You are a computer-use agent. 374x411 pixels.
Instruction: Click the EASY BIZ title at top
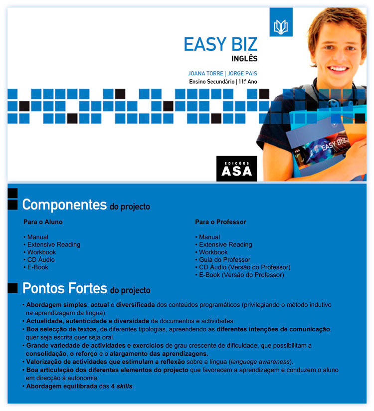tap(220, 44)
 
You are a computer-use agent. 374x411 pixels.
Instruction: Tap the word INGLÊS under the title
tap(244, 59)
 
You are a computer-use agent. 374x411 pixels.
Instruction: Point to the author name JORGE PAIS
tap(242, 73)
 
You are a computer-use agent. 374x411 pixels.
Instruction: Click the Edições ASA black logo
tap(236, 169)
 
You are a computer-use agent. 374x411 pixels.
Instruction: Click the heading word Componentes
tap(64, 205)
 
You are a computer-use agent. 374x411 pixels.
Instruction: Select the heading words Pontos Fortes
tap(65, 288)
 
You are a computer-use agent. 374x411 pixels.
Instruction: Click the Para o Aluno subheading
tap(43, 222)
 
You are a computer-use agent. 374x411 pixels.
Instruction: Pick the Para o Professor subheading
tap(220, 222)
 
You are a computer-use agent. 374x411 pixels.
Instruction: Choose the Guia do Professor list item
tap(224, 260)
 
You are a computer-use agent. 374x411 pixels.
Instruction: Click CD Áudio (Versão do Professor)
tap(244, 267)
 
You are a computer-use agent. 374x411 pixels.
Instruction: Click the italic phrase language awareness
tap(264, 362)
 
